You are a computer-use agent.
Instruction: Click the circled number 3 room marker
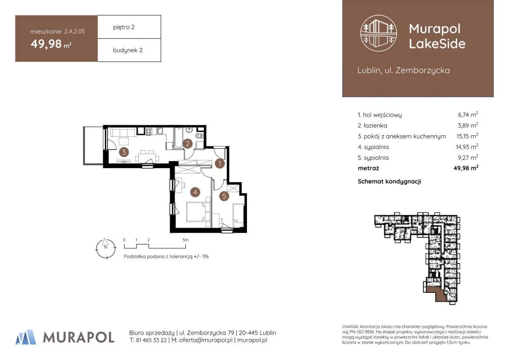click(124, 152)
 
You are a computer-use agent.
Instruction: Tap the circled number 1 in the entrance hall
click(220, 163)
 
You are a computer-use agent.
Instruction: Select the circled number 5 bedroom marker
click(224, 196)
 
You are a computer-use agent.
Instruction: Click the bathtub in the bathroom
click(178, 138)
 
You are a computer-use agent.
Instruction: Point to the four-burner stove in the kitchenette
click(148, 131)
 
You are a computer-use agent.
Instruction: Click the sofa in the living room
click(123, 132)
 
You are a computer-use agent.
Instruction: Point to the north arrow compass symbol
click(105, 248)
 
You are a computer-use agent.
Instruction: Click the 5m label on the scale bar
click(185, 240)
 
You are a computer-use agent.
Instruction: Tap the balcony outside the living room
click(93, 145)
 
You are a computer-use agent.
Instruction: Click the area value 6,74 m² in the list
click(468, 114)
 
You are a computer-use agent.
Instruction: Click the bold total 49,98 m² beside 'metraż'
click(466, 168)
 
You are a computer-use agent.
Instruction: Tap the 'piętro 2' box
click(129, 27)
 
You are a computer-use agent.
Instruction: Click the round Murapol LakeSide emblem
click(378, 33)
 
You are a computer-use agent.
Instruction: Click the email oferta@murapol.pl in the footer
click(206, 340)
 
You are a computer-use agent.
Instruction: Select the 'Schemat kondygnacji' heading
click(389, 182)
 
